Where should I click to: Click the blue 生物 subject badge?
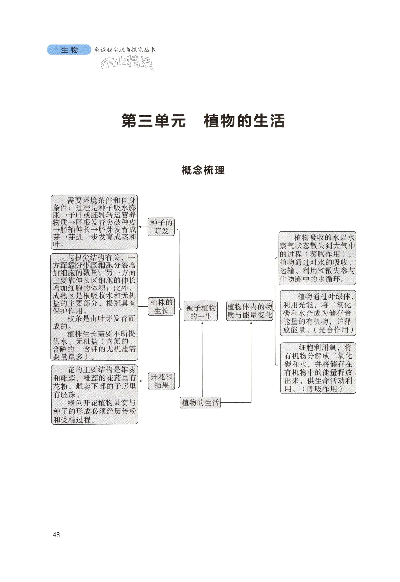click(69, 50)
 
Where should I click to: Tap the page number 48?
click(56, 535)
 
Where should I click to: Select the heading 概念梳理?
click(203, 170)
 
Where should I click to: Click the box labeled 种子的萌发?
click(161, 227)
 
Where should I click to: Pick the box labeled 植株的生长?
click(161, 306)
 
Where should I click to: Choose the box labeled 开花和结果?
click(161, 381)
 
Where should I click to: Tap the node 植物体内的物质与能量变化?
click(250, 311)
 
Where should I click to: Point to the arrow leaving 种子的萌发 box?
click(143, 227)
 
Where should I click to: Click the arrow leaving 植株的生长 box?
click(143, 306)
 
